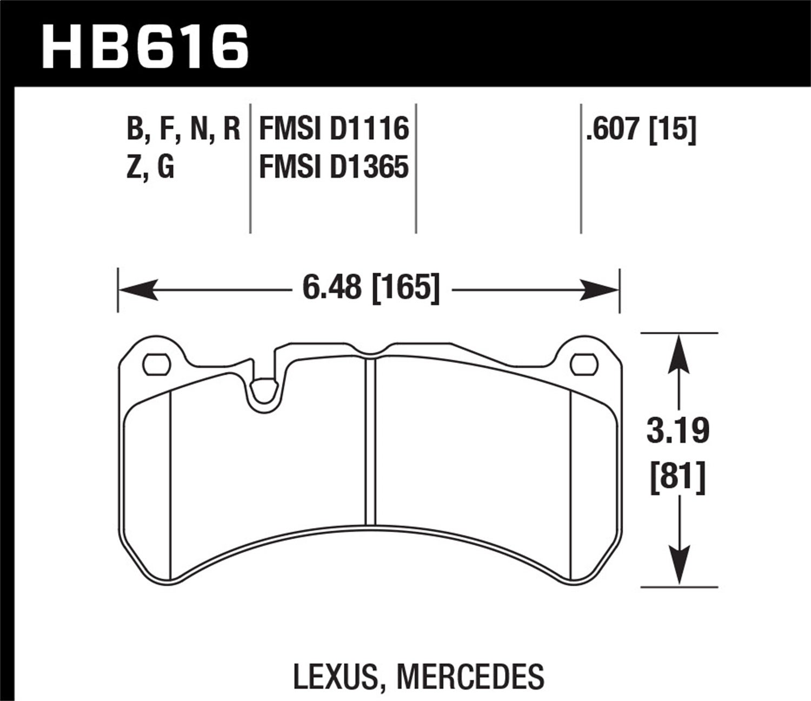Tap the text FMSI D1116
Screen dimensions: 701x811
(x=334, y=129)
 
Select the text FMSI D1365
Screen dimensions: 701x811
(x=334, y=167)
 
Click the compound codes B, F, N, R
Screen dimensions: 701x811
(x=183, y=130)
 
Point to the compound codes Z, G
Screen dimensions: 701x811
(x=150, y=167)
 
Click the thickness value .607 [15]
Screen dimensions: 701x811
(x=641, y=130)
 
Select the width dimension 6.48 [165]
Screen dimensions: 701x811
(x=370, y=288)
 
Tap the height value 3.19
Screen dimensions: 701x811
(x=678, y=432)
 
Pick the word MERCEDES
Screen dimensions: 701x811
(x=470, y=676)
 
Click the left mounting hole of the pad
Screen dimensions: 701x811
(x=156, y=363)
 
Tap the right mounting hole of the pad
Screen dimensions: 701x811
(x=583, y=363)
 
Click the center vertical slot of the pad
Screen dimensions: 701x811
(x=370, y=441)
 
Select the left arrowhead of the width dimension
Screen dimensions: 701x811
(x=135, y=289)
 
